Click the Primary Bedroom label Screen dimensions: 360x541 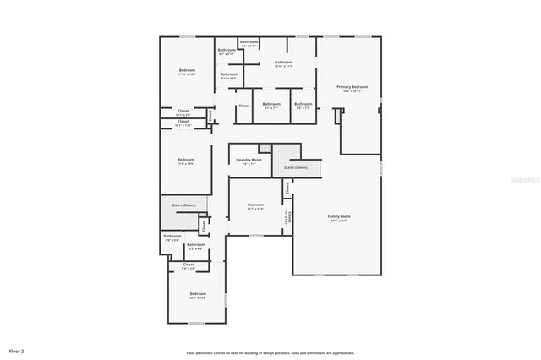352,86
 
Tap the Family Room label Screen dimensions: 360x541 339,217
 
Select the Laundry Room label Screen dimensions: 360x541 249,159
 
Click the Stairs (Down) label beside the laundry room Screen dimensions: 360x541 296,167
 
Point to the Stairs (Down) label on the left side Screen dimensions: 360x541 183,205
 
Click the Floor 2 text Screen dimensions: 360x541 17,350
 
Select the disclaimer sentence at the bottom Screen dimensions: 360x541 270,353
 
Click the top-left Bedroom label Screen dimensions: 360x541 187,69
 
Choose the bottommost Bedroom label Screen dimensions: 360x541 198,293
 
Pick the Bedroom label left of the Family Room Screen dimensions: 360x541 256,205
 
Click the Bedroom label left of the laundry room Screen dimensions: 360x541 186,159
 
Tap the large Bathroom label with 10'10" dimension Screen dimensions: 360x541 283,62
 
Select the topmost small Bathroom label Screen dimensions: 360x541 249,41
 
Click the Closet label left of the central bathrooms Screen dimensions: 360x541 243,106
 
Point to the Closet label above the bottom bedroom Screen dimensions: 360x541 189,264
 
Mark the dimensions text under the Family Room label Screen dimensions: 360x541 339,222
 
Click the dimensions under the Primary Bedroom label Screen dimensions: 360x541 352,91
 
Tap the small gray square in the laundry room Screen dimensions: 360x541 265,148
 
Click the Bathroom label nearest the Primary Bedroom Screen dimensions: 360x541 303,104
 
